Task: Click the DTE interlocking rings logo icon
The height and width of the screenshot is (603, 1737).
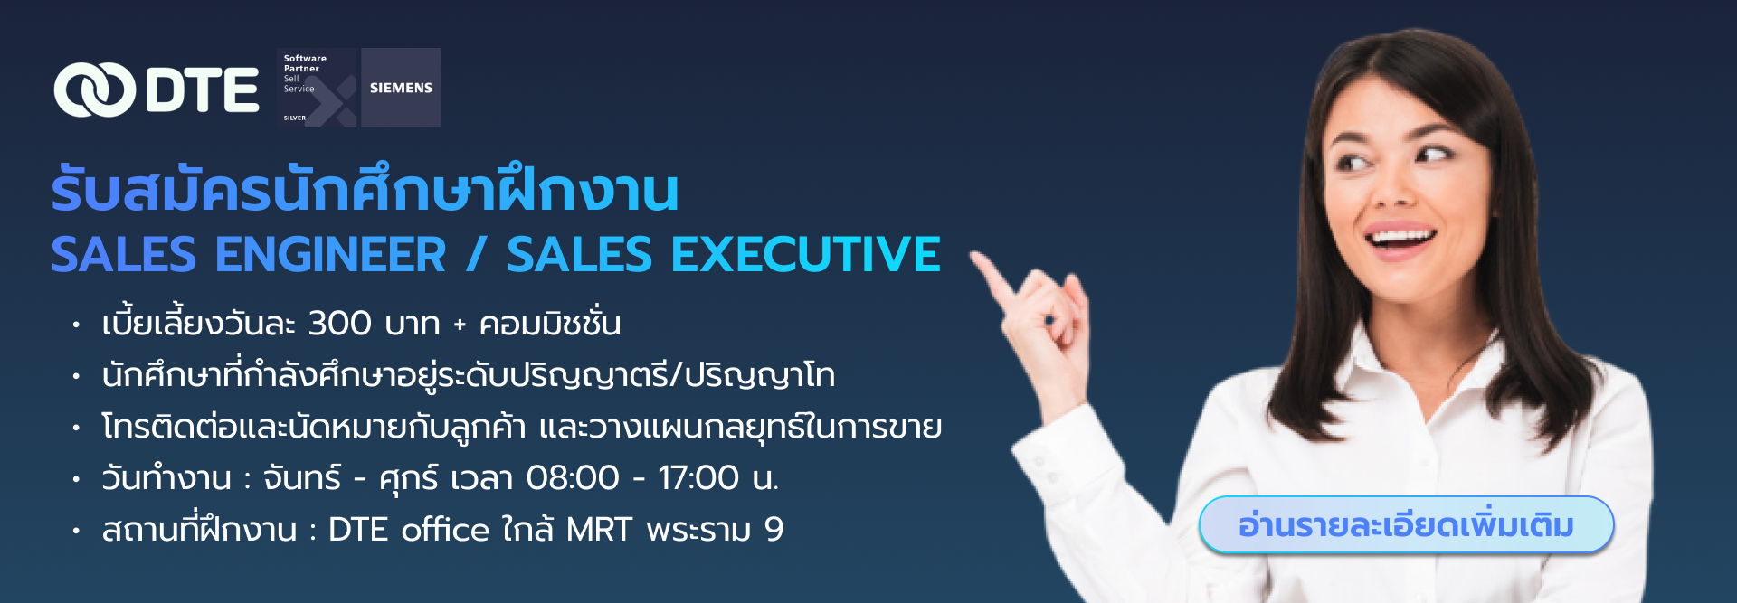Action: [94, 90]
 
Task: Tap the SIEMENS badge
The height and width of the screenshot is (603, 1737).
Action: [401, 88]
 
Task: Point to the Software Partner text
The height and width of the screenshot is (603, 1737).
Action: [305, 63]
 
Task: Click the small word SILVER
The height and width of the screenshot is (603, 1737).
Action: [295, 118]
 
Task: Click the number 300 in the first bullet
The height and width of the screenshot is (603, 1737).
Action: [339, 324]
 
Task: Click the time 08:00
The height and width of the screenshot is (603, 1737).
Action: [573, 477]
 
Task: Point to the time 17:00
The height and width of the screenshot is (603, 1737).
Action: [698, 477]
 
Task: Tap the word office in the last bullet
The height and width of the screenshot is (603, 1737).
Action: [445, 529]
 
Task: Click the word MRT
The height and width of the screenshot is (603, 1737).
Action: [599, 530]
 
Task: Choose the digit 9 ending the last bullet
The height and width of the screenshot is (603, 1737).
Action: [774, 530]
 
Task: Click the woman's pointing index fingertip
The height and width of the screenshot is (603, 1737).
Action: [978, 259]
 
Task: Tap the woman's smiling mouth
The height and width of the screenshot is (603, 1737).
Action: [1400, 240]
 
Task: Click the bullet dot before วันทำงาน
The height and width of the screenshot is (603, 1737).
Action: [76, 478]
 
